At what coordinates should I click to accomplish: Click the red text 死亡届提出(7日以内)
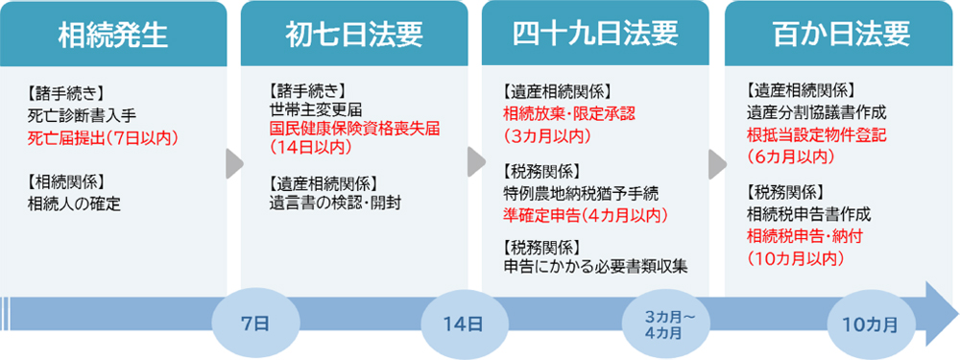tap(104, 137)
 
